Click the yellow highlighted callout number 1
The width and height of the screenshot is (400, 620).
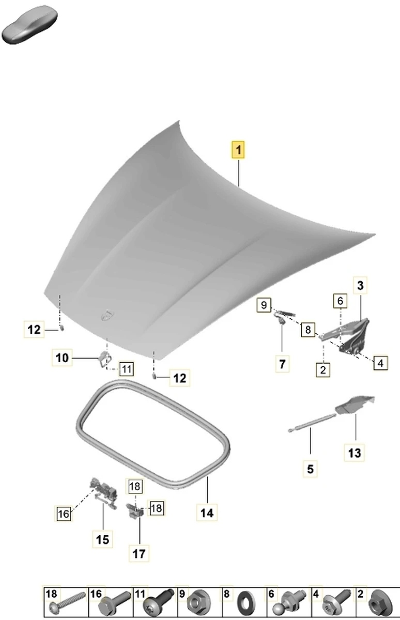[x=238, y=150]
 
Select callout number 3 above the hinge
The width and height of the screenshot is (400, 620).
[x=360, y=285]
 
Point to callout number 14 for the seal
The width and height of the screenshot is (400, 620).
[x=207, y=513]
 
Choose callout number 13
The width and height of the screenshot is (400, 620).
[x=355, y=453]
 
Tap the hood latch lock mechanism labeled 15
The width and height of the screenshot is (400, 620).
[x=103, y=493]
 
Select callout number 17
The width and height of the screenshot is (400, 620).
[x=139, y=553]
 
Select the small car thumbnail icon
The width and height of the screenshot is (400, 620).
[x=29, y=24]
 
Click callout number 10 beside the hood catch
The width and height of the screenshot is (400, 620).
[x=62, y=358]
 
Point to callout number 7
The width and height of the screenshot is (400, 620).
[x=282, y=364]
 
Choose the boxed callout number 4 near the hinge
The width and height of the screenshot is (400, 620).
[x=380, y=363]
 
